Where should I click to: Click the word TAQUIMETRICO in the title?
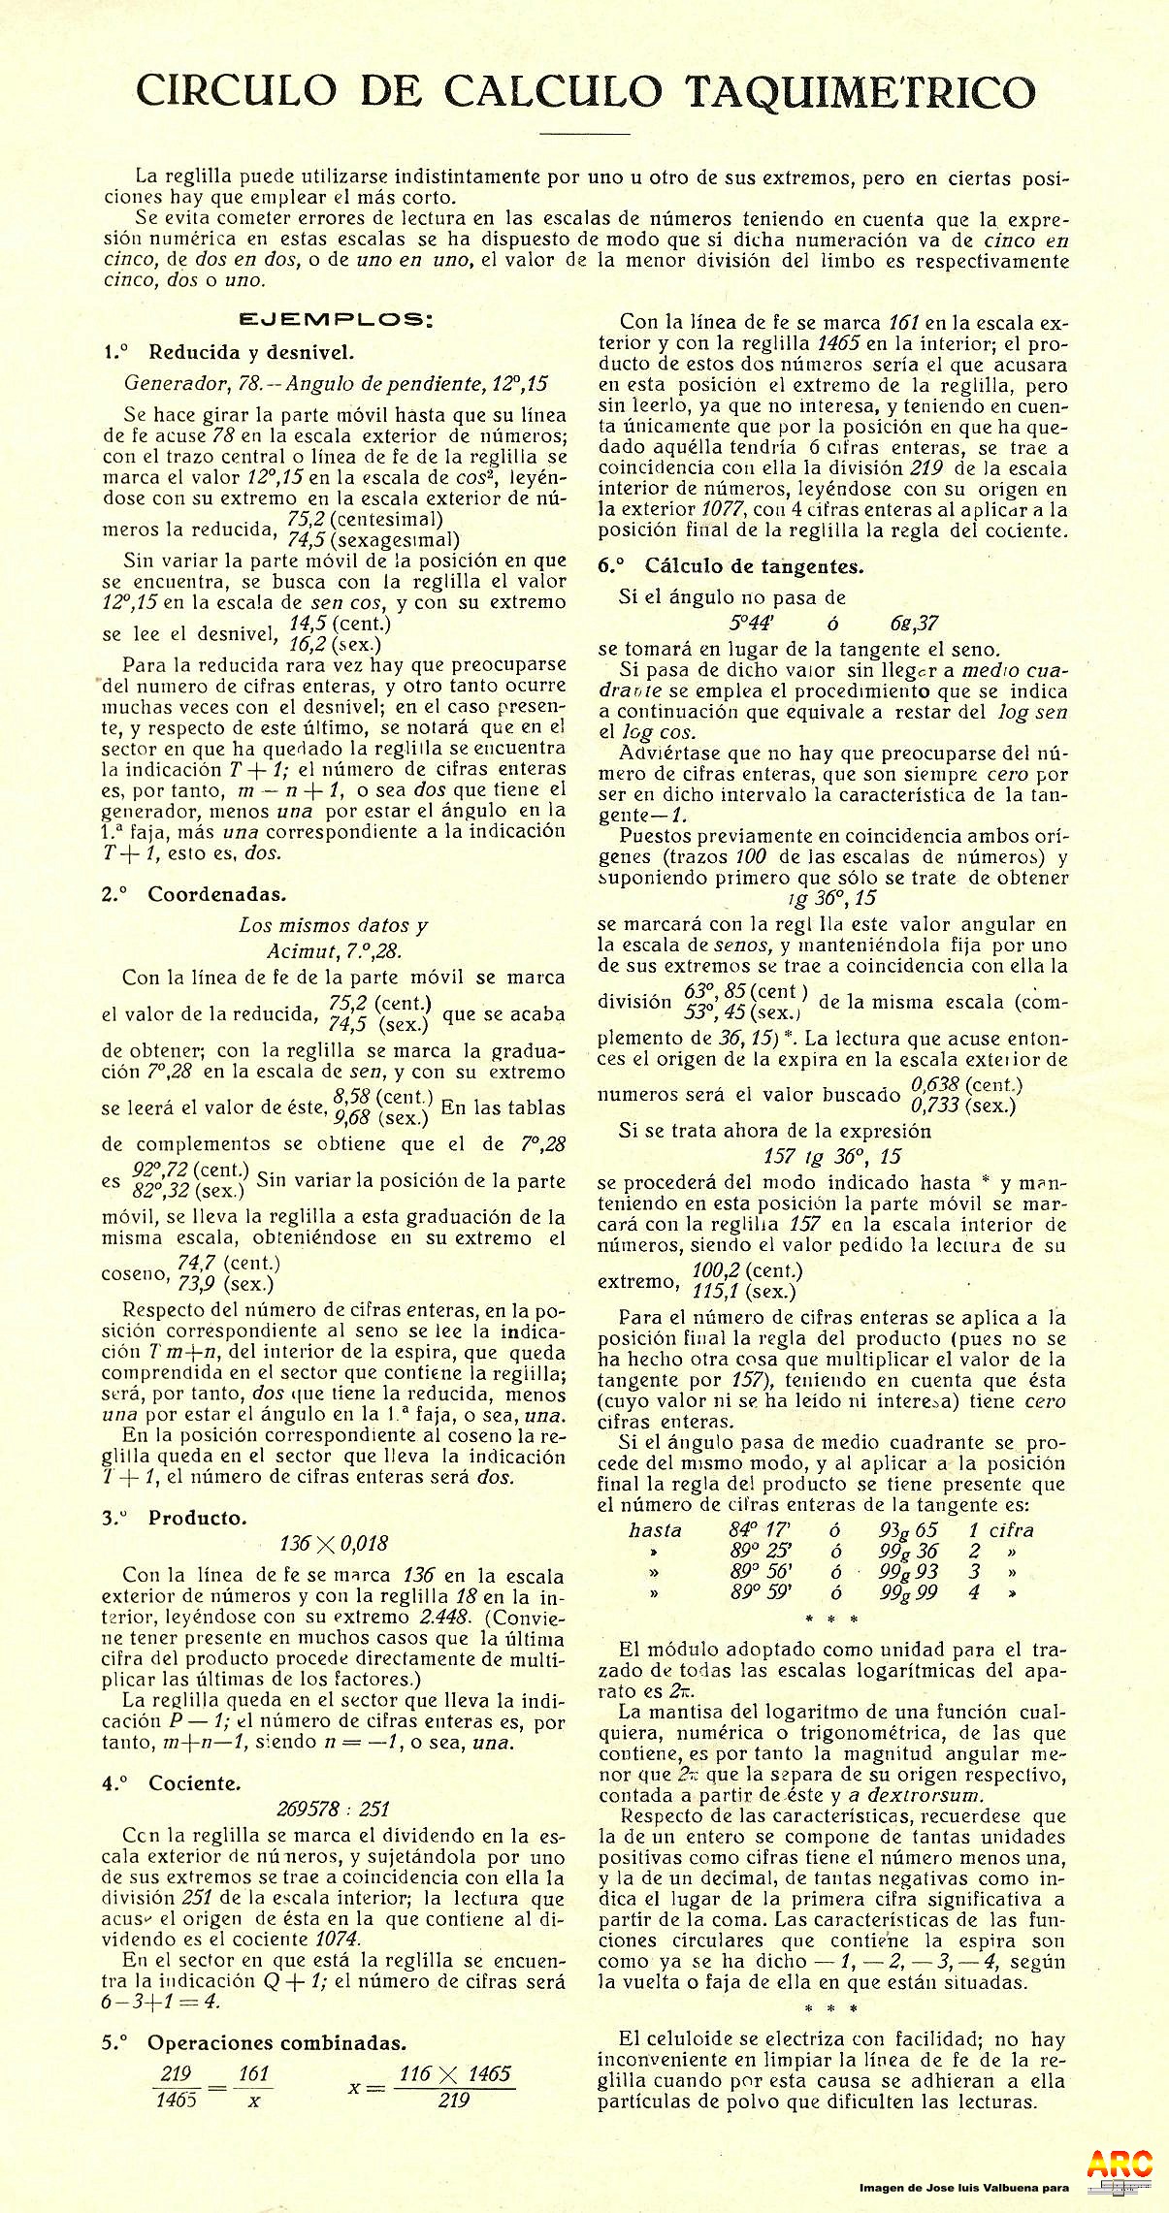pos(861,92)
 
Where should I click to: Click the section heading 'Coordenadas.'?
pos(216,894)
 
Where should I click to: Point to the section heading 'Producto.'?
pos(197,1519)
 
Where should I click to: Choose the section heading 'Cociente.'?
pos(194,1782)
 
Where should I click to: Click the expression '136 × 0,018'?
pos(333,1544)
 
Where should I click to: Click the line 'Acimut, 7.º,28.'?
pos(334,951)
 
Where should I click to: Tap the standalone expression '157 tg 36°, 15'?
pos(832,1156)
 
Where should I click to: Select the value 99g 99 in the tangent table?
pos(908,1591)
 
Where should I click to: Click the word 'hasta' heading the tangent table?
pos(655,1530)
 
